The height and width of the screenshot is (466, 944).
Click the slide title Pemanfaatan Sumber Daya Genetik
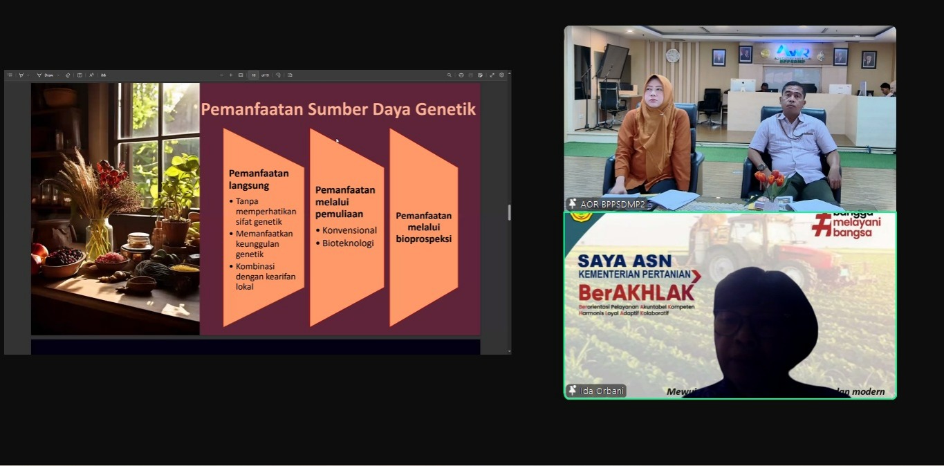point(338,109)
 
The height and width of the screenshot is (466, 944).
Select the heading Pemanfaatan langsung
point(259,179)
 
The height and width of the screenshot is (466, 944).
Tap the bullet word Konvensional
point(349,230)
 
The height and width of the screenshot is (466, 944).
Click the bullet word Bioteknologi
point(348,243)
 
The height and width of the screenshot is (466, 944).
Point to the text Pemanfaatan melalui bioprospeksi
point(423,227)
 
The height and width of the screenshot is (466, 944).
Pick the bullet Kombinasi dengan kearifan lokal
point(266,277)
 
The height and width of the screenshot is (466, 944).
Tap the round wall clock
point(672,55)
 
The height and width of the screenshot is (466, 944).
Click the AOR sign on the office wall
point(792,52)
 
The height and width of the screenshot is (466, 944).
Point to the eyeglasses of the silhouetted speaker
point(743,323)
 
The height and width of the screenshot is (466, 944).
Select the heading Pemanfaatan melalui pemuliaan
point(345,201)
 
